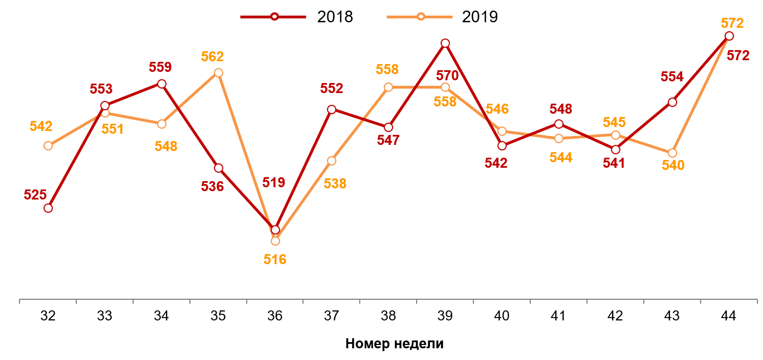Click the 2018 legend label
tap(335, 17)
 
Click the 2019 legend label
tap(480, 17)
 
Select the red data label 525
tap(35, 195)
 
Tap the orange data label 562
tap(212, 57)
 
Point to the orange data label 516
tap(275, 259)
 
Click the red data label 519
tap(273, 183)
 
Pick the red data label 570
tap(447, 75)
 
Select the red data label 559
tap(160, 67)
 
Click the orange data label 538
tap(335, 183)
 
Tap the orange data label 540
tap(673, 166)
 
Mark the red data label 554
tap(672, 77)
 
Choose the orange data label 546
tap(497, 109)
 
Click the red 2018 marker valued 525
tap(48, 208)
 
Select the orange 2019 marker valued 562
tap(218, 72)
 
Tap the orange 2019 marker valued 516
tap(275, 241)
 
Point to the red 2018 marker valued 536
tap(218, 168)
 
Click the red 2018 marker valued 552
tap(331, 109)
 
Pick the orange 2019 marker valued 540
tap(672, 153)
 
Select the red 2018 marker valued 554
tap(672, 102)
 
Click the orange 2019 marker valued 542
tap(48, 145)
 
